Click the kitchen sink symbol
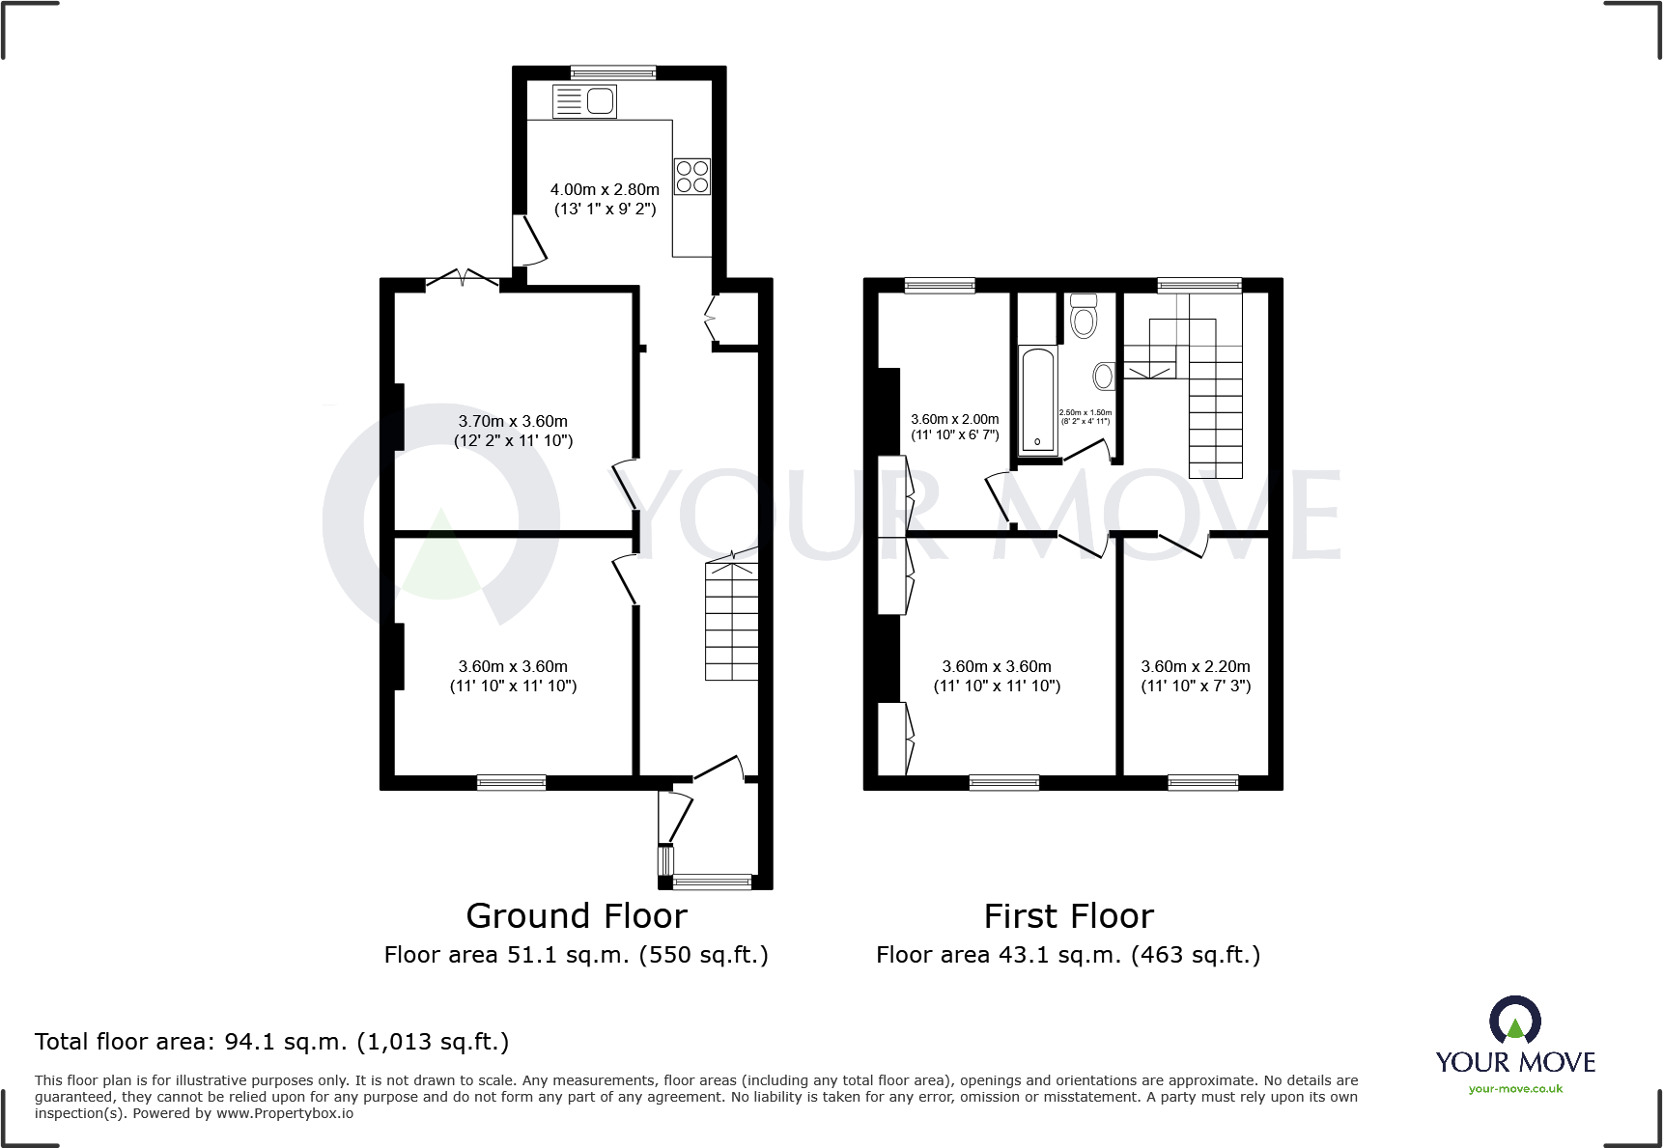click(x=584, y=101)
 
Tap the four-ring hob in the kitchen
click(x=691, y=177)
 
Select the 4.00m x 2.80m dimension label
click(x=605, y=199)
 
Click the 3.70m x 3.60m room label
click(x=513, y=431)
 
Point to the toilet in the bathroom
click(x=1084, y=316)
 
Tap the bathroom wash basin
click(x=1103, y=376)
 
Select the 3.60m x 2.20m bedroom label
click(x=1195, y=676)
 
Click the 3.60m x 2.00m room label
click(x=954, y=427)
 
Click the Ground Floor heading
click(x=577, y=915)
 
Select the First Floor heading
click(x=1068, y=915)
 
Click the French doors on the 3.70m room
click(x=463, y=280)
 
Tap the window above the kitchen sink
click(x=613, y=72)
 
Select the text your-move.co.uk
click(x=1515, y=1089)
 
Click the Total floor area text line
click(x=271, y=1042)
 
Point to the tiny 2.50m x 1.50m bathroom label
click(x=1085, y=416)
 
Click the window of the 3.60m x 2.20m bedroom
click(x=1202, y=782)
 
